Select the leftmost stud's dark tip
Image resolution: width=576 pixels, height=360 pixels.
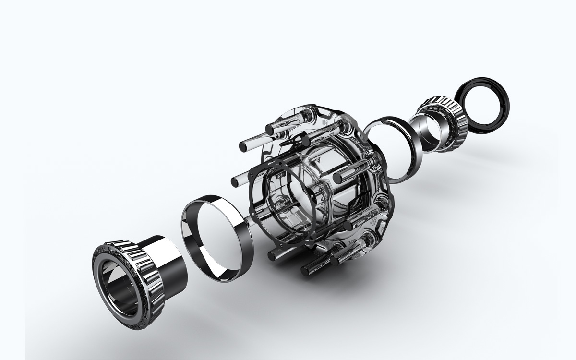tap(234, 181)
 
